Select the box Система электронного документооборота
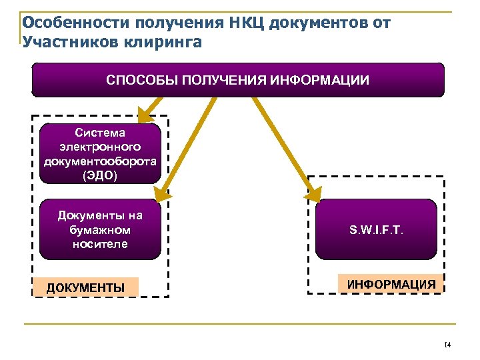click(100, 153)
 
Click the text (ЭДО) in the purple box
click(100, 176)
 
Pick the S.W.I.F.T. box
click(375, 229)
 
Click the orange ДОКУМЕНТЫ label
click(85, 287)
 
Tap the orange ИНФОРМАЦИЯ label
click(391, 284)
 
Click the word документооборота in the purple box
click(100, 161)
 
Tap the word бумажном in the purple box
click(100, 229)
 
